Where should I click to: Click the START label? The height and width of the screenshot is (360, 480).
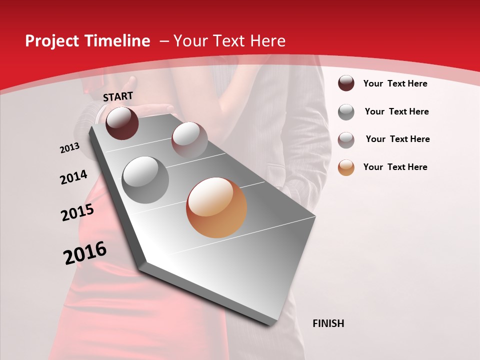click(x=118, y=96)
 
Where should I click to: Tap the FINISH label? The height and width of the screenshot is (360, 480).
click(x=328, y=323)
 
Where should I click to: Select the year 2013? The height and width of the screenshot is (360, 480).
click(x=69, y=148)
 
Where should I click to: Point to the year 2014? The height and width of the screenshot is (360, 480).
click(x=73, y=177)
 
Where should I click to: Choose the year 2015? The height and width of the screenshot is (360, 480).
click(x=77, y=212)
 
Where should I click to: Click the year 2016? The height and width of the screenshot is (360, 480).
click(x=85, y=253)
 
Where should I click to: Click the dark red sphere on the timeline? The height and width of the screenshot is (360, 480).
click(x=122, y=123)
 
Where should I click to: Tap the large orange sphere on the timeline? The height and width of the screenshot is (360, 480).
click(x=216, y=207)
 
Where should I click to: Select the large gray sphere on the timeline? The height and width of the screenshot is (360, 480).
click(x=145, y=179)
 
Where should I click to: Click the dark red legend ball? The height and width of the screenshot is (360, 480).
click(x=346, y=83)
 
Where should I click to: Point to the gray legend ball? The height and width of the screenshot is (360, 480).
click(x=346, y=112)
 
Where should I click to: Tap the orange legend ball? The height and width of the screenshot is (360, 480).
click(x=346, y=167)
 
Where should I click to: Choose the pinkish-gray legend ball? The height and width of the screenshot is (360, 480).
click(x=346, y=139)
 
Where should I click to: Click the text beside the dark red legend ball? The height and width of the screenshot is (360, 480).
click(x=395, y=83)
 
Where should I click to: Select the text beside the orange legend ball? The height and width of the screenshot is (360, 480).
click(x=395, y=167)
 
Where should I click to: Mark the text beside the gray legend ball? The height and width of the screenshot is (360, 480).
click(x=396, y=111)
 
